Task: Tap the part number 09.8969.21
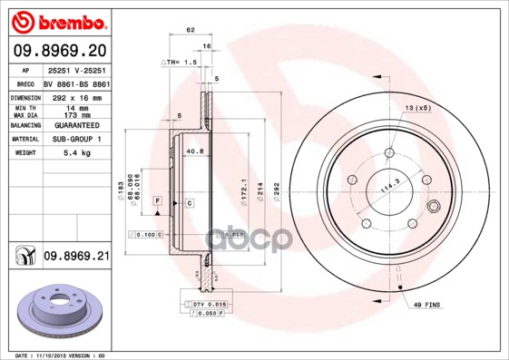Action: click(76, 258)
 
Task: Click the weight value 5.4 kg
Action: click(74, 152)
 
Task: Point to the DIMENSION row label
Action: click(25, 96)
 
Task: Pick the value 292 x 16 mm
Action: click(76, 96)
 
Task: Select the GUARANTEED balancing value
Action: click(76, 124)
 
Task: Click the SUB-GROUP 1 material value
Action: click(76, 139)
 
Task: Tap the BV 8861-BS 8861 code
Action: click(76, 82)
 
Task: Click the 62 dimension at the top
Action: click(191, 30)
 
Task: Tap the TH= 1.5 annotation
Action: click(179, 62)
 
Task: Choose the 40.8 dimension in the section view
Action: click(193, 151)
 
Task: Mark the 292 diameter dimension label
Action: click(290, 190)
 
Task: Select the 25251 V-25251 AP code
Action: click(76, 69)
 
